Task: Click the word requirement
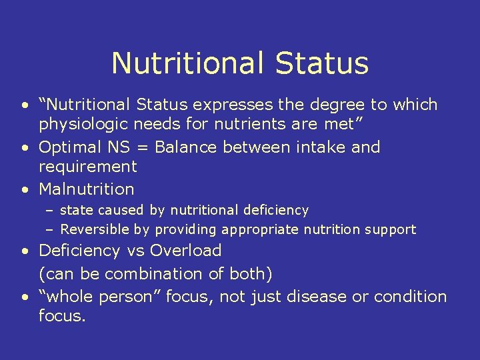coord(87,167)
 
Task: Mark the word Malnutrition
coord(87,189)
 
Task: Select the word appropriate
coord(261,230)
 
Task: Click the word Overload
coord(186,251)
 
